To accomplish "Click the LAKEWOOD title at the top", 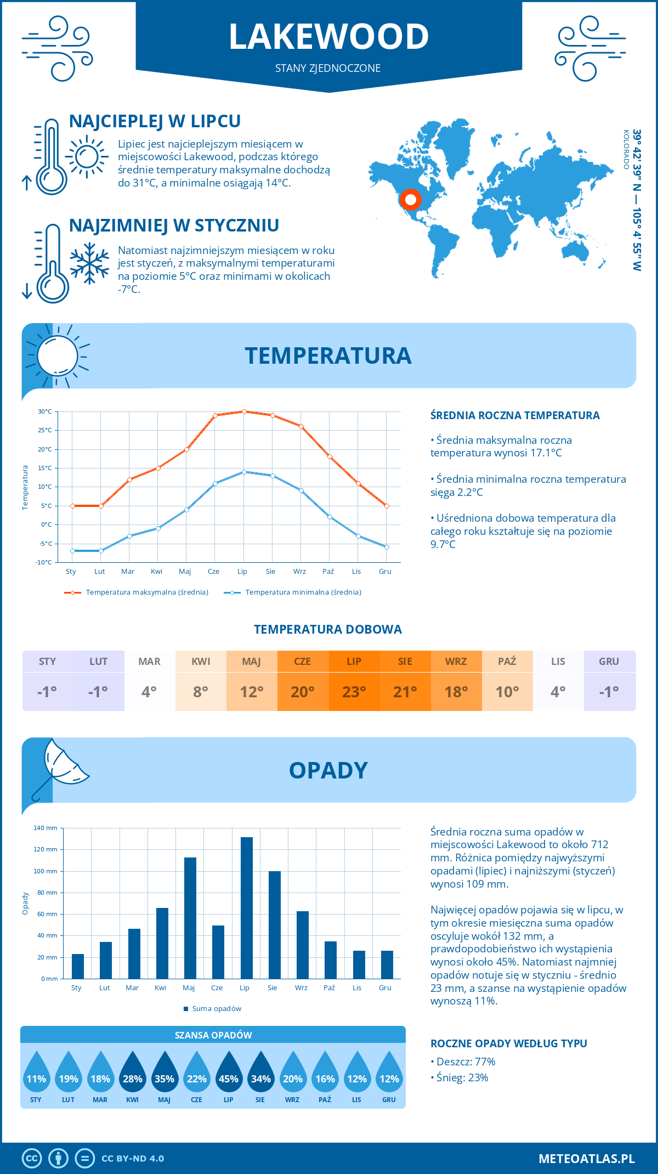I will (x=328, y=37).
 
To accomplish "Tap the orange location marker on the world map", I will (x=410, y=200).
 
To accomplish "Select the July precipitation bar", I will (x=247, y=907).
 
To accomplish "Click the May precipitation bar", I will (x=190, y=918).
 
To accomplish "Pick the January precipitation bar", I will (x=78, y=966).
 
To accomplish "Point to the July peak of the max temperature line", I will (x=244, y=411).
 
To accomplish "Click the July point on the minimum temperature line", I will (x=244, y=472).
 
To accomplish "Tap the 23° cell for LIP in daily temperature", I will (x=354, y=692).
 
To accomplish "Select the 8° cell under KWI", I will (x=201, y=692).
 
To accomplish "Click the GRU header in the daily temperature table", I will (x=609, y=661).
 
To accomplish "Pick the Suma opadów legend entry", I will (x=216, y=1008).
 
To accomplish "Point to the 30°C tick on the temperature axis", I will (x=45, y=411).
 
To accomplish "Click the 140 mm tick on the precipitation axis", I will (x=46, y=828).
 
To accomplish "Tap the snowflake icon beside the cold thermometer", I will (x=89, y=263).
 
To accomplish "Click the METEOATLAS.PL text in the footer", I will (x=586, y=1158).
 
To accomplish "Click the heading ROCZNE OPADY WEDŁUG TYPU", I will (x=508, y=1043).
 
